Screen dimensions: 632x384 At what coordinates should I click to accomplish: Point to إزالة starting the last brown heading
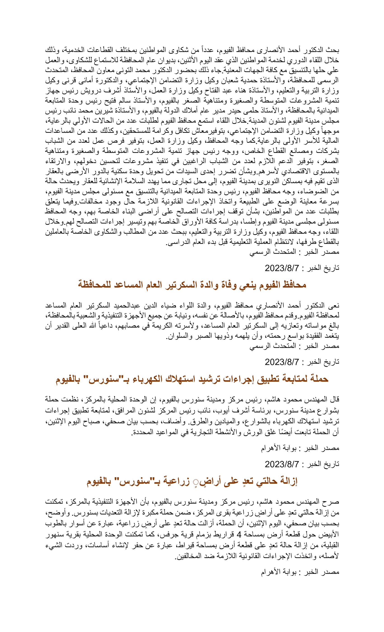(x=288, y=481)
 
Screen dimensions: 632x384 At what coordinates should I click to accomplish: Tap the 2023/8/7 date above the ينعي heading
(x=282, y=268)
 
